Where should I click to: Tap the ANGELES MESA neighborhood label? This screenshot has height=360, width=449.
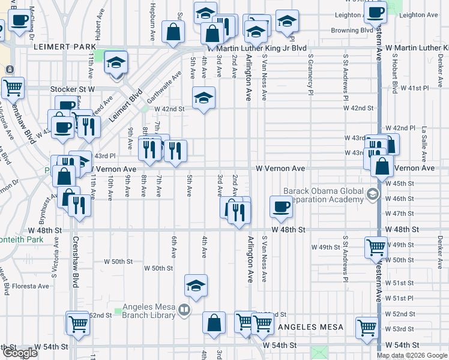[x=310, y=327]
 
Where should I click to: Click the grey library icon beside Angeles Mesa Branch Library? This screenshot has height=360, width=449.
[x=184, y=310]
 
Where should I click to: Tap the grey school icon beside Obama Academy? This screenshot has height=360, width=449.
[x=373, y=194]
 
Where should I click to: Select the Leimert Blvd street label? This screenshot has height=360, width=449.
[x=125, y=106]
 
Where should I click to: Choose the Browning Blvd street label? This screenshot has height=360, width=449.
[x=354, y=29]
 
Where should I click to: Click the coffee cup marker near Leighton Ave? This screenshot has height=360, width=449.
[x=376, y=13]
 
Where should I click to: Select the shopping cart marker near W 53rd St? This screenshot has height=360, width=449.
[x=367, y=328]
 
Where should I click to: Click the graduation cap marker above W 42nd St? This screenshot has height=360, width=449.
[x=204, y=97]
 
